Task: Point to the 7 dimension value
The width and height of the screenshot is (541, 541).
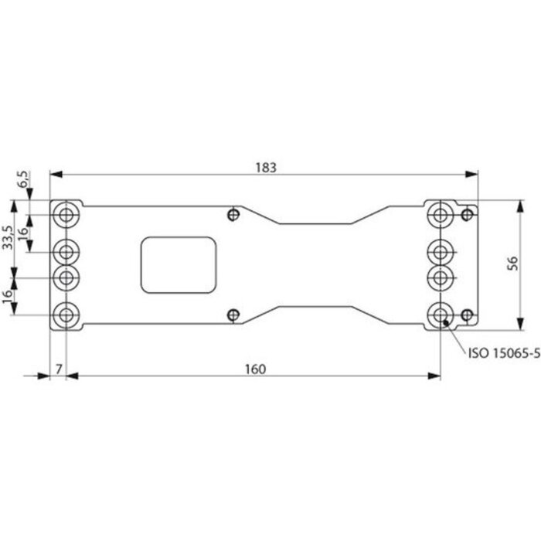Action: point(59,369)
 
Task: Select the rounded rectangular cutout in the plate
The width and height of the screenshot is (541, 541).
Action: point(178,265)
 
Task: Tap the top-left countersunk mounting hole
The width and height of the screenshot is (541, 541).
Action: point(67,213)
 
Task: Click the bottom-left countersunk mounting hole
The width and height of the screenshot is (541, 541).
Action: point(67,315)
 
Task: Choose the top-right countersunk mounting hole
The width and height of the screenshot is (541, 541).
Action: point(441,213)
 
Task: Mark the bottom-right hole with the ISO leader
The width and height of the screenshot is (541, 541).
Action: point(441,315)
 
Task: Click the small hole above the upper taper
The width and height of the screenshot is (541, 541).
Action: point(233,214)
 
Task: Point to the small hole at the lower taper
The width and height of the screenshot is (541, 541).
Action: point(233,314)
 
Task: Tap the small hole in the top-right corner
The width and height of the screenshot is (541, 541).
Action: point(466,213)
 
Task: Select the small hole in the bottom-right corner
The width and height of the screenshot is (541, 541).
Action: point(466,315)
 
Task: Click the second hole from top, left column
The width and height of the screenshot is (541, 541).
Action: point(67,250)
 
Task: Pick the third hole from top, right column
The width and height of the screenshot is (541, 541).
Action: point(441,277)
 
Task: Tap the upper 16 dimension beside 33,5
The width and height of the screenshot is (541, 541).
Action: point(23,232)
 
